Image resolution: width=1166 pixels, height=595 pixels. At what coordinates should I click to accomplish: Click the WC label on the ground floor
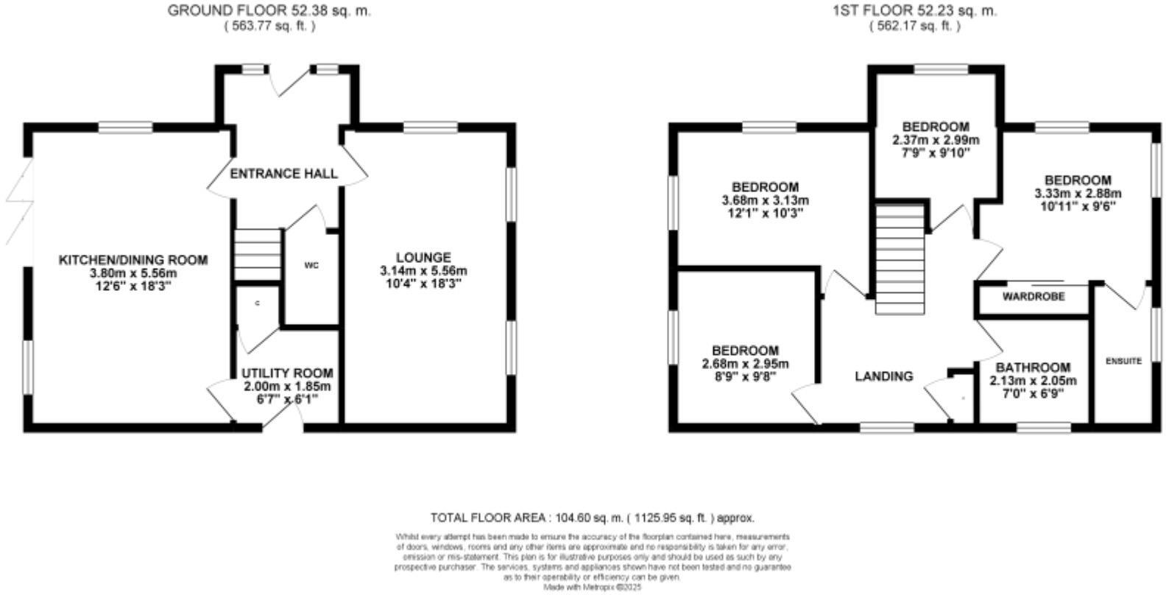311,266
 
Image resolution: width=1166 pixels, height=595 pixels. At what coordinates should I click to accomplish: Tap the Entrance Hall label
284,174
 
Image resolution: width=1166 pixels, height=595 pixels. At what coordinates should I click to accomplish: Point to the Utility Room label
287,373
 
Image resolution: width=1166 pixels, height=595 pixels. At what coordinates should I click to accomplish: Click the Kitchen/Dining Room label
133,260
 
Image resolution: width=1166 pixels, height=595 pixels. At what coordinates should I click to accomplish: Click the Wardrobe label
1033,297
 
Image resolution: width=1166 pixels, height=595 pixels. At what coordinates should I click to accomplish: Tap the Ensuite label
1123,361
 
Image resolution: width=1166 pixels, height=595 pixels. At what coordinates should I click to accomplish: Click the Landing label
883,376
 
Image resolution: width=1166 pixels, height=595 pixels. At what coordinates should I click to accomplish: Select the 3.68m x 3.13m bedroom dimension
765,200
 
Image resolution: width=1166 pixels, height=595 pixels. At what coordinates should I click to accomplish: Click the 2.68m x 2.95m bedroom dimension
745,364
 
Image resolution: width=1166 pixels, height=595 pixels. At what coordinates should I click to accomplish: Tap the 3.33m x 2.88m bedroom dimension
1078,194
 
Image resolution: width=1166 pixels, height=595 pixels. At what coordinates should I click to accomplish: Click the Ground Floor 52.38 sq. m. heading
269,11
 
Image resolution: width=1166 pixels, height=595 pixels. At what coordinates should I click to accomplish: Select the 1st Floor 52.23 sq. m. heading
915,11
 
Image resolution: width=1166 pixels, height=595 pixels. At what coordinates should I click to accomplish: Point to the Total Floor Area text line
592,518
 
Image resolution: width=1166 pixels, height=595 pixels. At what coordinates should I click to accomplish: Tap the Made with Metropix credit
592,588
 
